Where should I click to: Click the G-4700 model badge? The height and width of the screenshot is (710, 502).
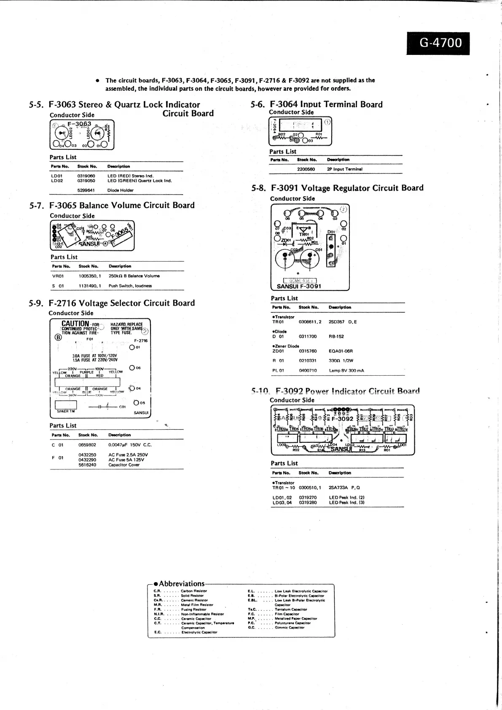[x=438, y=43]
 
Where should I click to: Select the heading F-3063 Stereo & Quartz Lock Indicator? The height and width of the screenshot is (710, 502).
[x=124, y=105]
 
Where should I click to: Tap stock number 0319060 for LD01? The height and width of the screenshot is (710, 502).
[x=86, y=176]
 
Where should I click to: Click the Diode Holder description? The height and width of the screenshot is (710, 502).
[x=120, y=190]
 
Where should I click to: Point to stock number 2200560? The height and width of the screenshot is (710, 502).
[x=306, y=169]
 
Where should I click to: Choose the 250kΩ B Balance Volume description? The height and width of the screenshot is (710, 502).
[x=134, y=276]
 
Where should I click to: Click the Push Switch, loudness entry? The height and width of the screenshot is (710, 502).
[x=130, y=286]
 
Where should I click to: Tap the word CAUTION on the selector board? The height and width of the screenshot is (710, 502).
[x=75, y=324]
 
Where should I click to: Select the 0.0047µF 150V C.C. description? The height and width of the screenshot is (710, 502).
[x=130, y=445]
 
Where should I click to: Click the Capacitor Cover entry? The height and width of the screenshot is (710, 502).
[x=124, y=465]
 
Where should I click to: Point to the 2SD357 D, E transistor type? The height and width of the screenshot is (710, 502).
[x=342, y=322]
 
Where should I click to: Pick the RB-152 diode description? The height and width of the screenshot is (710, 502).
[x=336, y=336]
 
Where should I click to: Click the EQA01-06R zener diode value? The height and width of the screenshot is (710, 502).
[x=341, y=351]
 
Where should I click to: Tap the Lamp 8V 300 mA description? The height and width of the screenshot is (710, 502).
[x=346, y=371]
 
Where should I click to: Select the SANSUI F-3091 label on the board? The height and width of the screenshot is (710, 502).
[x=299, y=286]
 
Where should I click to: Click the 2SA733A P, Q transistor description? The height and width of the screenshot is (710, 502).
[x=344, y=488]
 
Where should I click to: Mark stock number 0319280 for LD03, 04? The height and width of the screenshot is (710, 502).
[x=307, y=502]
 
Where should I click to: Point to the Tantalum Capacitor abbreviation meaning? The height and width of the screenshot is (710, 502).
[x=291, y=610]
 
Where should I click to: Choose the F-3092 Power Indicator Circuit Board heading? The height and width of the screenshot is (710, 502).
[x=347, y=391]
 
